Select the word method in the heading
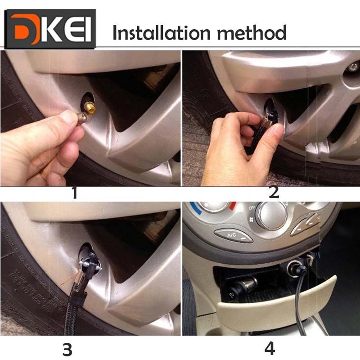click(252, 32)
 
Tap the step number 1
click(74, 192)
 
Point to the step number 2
click(274, 192)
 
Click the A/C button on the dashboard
click(234, 236)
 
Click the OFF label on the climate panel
click(252, 208)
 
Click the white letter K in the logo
click(51, 29)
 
